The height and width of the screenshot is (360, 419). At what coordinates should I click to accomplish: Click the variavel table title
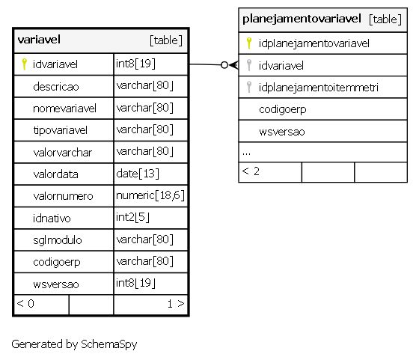pos(39,40)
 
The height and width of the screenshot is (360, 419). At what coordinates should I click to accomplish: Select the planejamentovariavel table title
pos(302,19)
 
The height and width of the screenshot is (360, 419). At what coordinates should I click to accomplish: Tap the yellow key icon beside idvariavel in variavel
pos(24,64)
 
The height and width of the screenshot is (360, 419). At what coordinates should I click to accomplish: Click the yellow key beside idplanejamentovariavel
pos(249,43)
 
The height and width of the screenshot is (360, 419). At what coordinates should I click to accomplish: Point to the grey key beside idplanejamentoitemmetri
pos(249,87)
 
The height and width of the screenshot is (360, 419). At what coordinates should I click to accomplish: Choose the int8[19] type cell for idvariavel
pos(135,64)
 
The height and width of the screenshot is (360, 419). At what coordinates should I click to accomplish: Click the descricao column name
pos(56,87)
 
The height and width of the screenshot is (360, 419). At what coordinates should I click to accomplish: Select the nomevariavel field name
pos(64,109)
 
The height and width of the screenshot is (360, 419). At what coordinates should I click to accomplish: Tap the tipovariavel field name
pos(61,130)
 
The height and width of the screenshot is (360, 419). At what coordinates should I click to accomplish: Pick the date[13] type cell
pos(138,174)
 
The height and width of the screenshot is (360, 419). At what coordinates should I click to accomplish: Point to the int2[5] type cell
pos(132,217)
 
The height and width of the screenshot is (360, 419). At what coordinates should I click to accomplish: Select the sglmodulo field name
pos(58,240)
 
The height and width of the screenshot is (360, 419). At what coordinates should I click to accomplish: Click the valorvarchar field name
pos(63,153)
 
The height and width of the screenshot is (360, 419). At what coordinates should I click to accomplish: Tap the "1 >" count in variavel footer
pos(176,304)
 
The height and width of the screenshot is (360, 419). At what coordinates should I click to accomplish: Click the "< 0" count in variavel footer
pos(25,304)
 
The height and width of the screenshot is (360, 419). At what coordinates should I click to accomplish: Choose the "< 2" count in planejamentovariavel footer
pos(251,171)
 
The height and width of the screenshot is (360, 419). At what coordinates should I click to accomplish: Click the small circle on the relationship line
pos(224,64)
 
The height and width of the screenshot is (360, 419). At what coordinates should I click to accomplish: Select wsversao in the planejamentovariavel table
pos(282,132)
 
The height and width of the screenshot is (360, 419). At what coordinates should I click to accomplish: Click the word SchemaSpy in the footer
pos(109,344)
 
